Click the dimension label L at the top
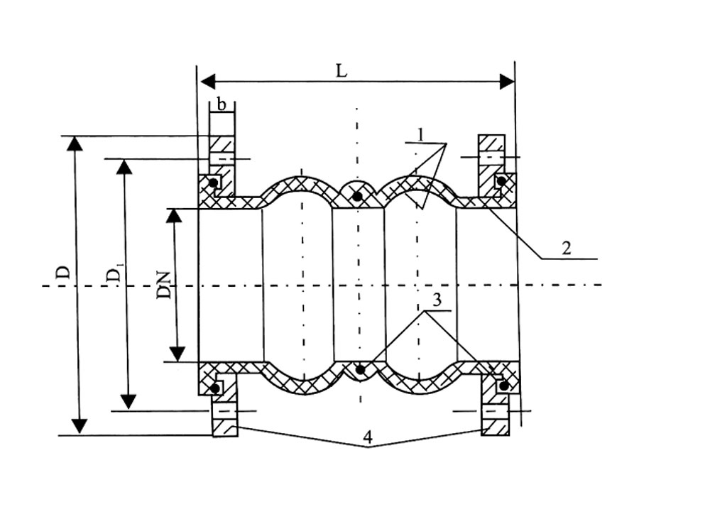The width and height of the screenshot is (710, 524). pos(342,70)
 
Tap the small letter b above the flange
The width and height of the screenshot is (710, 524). pos(222,104)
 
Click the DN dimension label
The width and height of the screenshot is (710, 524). pos(164,285)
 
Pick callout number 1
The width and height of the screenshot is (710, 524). pos(420,134)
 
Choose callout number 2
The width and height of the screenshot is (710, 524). pos(567,249)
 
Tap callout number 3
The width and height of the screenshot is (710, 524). pos(437,300)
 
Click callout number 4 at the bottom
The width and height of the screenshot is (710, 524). pos(368,437)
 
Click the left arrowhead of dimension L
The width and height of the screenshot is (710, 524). pos(207,82)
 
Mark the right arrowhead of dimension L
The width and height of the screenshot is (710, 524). pos(507,82)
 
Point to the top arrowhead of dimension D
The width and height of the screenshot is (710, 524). pos(75,143)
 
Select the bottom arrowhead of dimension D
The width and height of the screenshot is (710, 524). pos(80,426)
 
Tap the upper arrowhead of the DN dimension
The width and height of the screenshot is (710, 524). pos(174,216)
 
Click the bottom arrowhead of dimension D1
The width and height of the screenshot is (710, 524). pos(128,401)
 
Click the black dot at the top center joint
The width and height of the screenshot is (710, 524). pos(358,196)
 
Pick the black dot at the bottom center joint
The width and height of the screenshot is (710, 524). pos(360,370)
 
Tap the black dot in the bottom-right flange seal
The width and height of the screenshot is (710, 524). pos(503,386)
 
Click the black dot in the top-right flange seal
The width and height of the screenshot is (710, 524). pos(501,181)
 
